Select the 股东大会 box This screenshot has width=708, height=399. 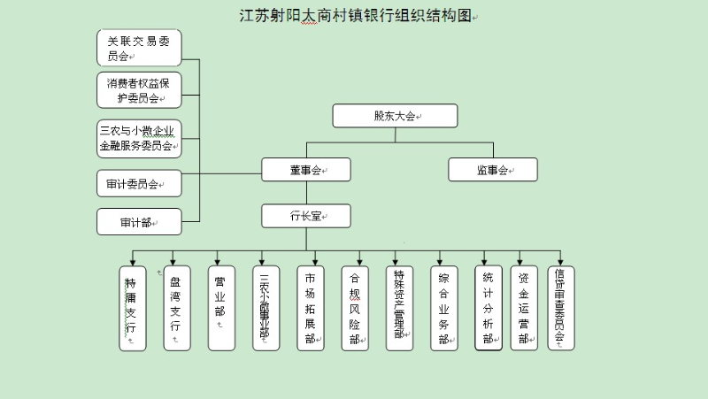click(395, 116)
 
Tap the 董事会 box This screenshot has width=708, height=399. click(306, 170)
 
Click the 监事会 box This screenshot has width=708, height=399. click(493, 170)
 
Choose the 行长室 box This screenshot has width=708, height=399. click(306, 216)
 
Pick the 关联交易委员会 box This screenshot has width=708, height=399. click(139, 48)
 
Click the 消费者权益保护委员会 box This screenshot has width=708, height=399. click(139, 90)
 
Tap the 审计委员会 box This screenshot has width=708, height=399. click(139, 184)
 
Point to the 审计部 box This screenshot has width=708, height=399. click(139, 222)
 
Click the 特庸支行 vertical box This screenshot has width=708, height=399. click(133, 309)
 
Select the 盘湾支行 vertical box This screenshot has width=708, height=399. click(176, 309)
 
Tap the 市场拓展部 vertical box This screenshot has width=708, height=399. click(309, 309)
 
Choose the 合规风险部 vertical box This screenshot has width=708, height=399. click(354, 309)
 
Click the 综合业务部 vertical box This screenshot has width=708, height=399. click(442, 309)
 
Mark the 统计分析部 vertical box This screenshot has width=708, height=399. click(488, 309)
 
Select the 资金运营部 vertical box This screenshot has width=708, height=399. click(524, 309)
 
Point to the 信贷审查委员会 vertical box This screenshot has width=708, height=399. click(560, 309)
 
